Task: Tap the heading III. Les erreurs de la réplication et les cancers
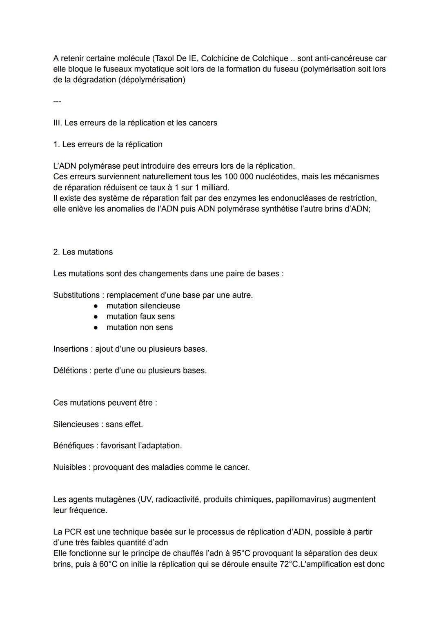[135, 123]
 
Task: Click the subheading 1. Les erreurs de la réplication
[108, 145]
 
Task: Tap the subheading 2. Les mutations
[83, 252]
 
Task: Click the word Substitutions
[76, 295]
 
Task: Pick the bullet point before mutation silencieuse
[96, 306]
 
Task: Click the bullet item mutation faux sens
[140, 317]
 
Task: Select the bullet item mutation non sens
[140, 327]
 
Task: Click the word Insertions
[71, 349]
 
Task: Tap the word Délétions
[70, 371]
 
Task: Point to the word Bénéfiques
[73, 446]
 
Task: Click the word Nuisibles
[69, 467]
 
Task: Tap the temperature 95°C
[241, 553]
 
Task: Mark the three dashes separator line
[57, 101]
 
